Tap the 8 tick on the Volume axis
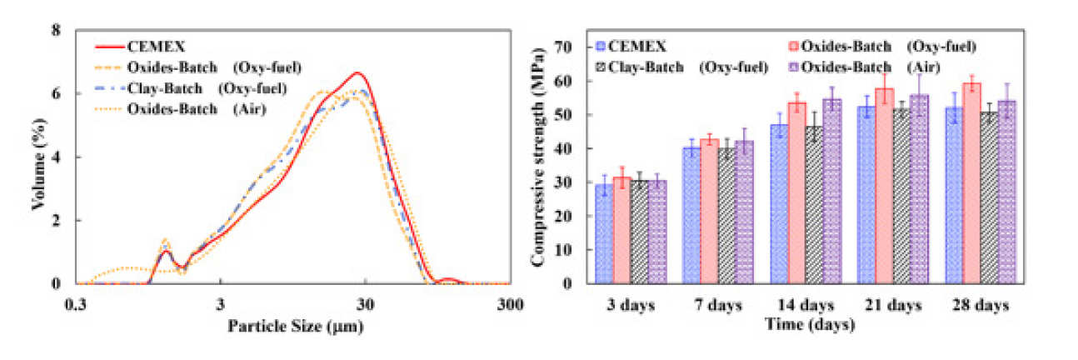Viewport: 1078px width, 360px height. (57, 31)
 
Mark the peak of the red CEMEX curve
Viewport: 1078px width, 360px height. (357, 73)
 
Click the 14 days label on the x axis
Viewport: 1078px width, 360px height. (802, 306)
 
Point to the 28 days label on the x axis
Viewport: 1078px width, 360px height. (981, 306)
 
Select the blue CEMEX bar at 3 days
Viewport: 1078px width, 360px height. (604, 233)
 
